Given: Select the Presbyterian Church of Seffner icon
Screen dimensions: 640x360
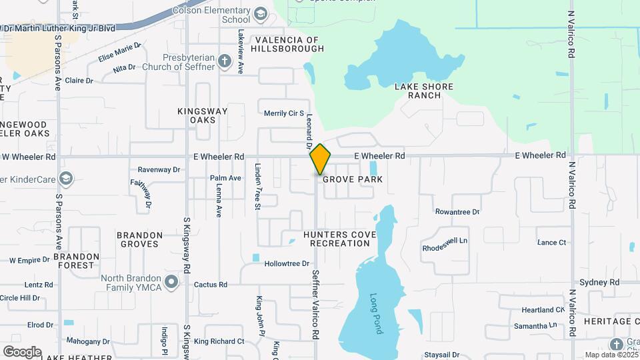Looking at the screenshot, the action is [225, 62].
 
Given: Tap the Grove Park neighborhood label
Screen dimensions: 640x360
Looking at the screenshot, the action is [353, 179].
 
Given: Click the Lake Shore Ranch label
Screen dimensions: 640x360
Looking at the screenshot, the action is [423, 91].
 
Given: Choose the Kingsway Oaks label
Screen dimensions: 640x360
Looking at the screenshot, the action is [203, 115].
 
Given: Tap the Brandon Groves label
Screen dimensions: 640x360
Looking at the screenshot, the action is [139, 239].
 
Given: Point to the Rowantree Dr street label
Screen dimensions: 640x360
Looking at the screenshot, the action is [457, 212].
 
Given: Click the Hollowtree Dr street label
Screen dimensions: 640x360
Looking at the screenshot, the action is [287, 264].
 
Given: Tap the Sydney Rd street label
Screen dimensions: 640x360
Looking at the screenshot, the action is [600, 283].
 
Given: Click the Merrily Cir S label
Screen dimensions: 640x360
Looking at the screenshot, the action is [283, 113].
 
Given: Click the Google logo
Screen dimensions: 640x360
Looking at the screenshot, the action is [22, 351].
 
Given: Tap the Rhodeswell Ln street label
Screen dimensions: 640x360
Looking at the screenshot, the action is [445, 244].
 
